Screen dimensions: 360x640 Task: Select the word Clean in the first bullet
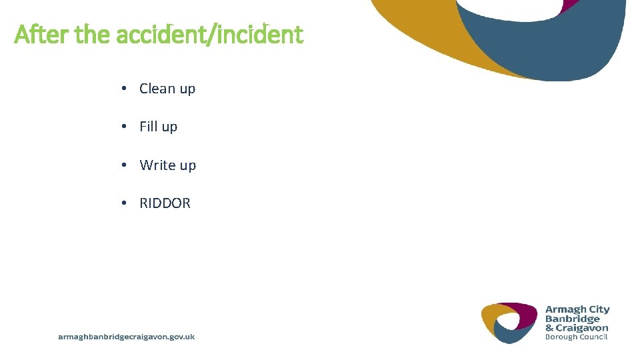click(x=157, y=89)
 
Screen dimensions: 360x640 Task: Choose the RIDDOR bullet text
click(x=165, y=203)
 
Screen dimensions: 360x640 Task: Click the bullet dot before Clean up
click(x=125, y=89)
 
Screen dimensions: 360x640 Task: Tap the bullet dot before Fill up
click(x=125, y=127)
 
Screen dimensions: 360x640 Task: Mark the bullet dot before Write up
click(x=125, y=165)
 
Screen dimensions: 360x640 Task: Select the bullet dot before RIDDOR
click(x=125, y=203)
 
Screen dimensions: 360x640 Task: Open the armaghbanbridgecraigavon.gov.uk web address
click(x=127, y=337)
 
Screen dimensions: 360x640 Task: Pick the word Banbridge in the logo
click(x=573, y=319)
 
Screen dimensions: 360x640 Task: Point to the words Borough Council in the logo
click(x=577, y=337)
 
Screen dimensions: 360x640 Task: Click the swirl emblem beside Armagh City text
click(x=509, y=323)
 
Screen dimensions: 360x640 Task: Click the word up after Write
click(x=187, y=165)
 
